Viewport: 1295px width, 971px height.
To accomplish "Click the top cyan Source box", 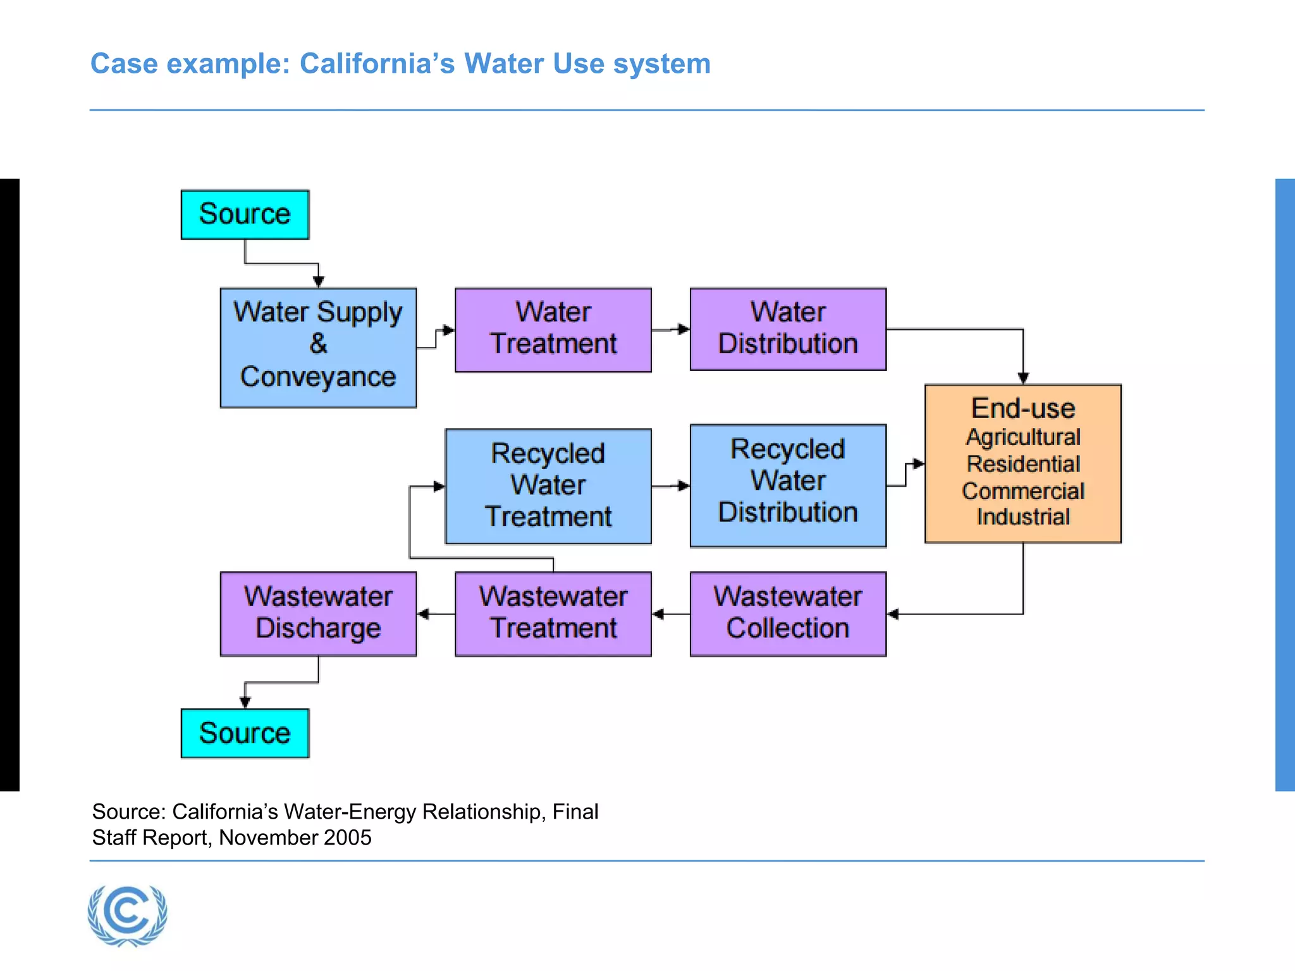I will tap(245, 214).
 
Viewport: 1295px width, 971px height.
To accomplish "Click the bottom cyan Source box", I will tap(245, 733).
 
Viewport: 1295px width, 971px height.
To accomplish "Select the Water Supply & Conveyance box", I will tap(318, 348).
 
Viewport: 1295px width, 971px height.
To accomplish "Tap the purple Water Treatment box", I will tap(553, 329).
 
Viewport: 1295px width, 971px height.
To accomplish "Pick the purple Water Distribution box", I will tap(788, 329).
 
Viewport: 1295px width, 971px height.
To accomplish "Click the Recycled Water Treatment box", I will tap(548, 485).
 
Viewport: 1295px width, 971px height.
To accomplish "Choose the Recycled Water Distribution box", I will tap(788, 485).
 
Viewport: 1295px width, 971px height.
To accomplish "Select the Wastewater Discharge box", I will tap(318, 613).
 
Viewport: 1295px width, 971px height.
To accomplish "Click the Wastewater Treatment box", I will tap(553, 613).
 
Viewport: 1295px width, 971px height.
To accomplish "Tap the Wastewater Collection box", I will tap(788, 613).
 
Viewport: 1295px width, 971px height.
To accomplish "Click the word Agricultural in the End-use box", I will tap(1023, 437).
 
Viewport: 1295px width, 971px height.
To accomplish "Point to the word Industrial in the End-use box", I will tap(1023, 516).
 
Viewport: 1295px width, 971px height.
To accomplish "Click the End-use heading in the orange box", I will tap(1023, 408).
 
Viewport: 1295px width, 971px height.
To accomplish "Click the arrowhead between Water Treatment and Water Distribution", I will tap(684, 329).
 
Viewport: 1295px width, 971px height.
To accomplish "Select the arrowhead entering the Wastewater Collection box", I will tap(893, 613).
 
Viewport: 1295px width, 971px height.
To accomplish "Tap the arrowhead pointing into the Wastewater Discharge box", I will tap(423, 613).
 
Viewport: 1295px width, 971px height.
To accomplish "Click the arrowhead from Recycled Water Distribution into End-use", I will tap(919, 464).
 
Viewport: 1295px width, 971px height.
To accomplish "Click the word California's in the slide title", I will tap(377, 64).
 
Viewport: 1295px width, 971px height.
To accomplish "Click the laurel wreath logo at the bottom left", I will tap(128, 915).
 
